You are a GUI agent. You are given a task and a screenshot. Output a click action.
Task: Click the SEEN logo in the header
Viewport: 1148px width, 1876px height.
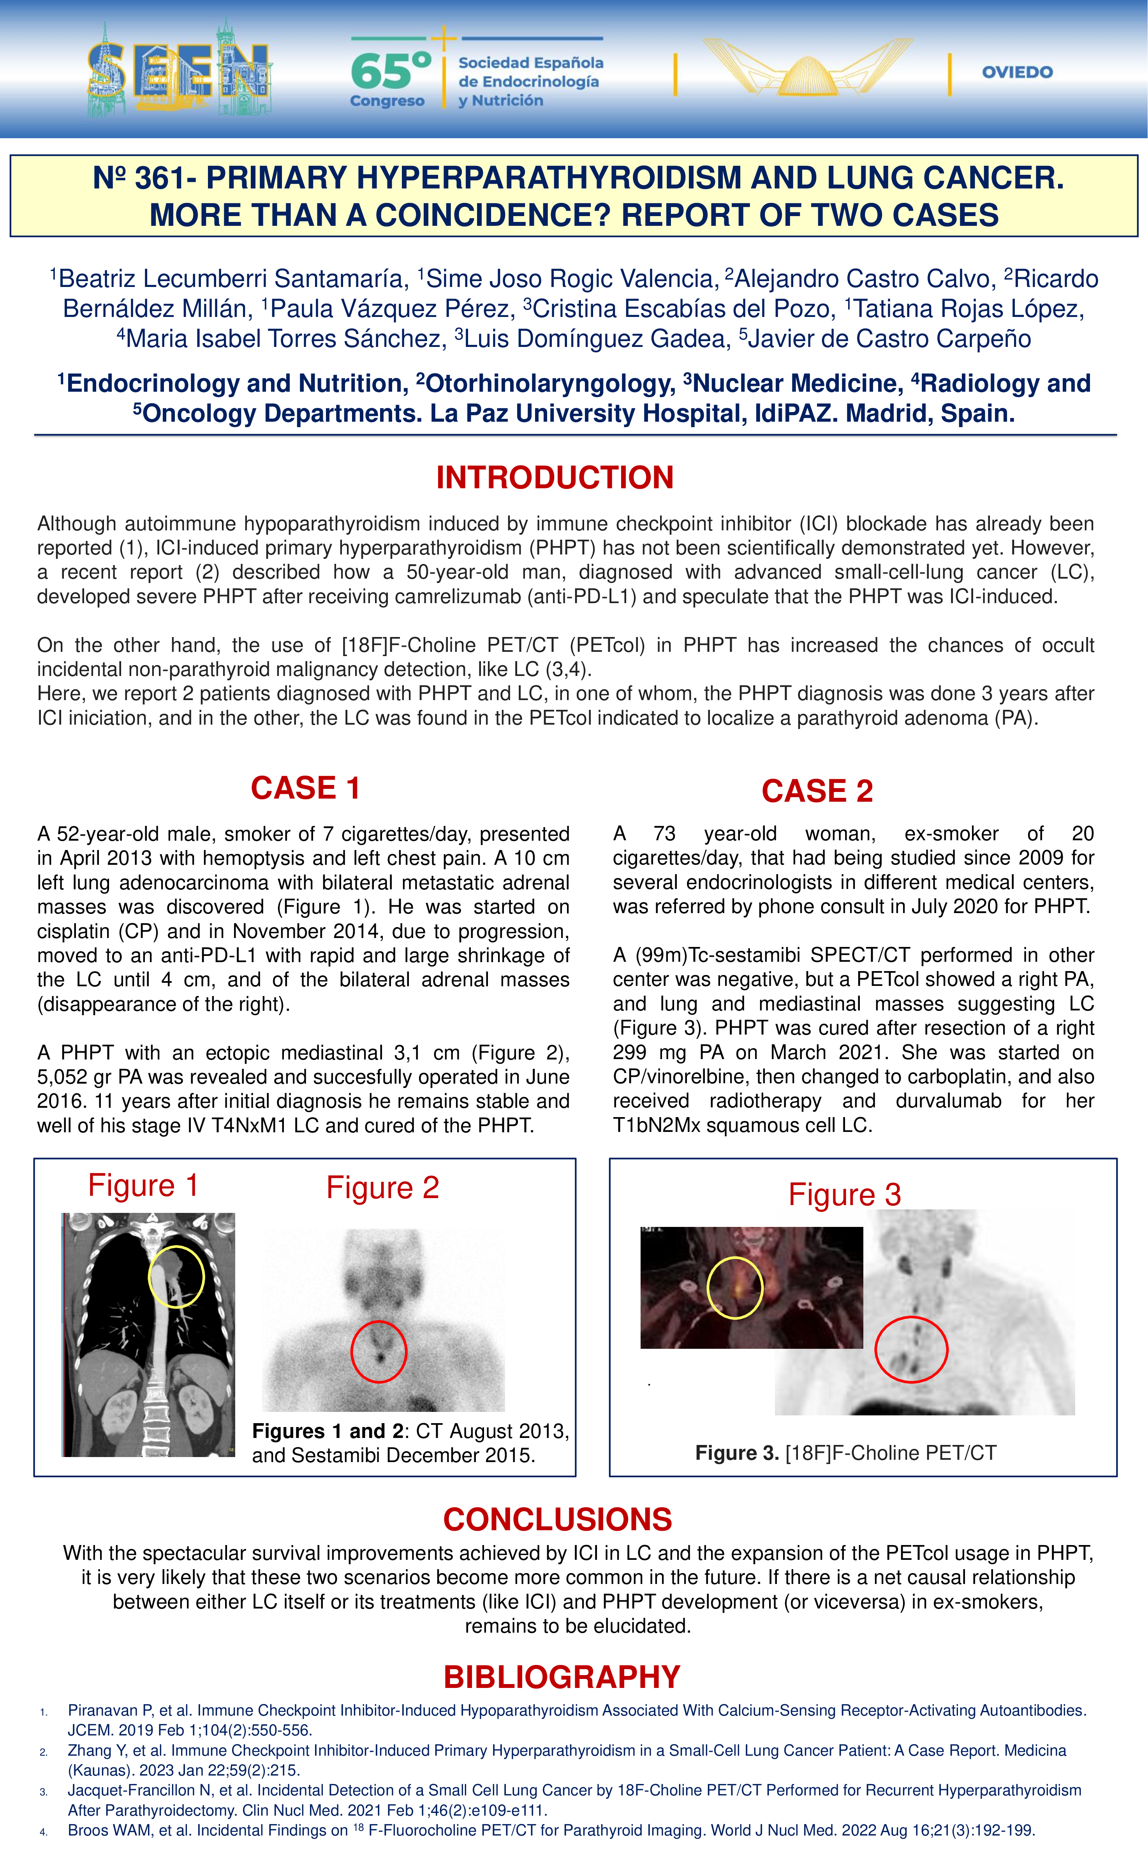click(x=179, y=72)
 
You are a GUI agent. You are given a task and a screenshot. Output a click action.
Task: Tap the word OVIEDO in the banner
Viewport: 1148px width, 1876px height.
click(x=1017, y=72)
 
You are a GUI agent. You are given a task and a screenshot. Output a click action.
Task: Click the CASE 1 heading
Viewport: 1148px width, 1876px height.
click(x=305, y=788)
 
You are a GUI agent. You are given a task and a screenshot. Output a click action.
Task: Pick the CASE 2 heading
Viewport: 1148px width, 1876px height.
click(x=817, y=791)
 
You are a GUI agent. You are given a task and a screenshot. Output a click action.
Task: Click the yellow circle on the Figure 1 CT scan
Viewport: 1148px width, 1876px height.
click(x=176, y=1277)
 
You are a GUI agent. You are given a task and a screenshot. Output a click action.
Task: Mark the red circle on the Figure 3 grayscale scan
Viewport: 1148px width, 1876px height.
click(x=910, y=1349)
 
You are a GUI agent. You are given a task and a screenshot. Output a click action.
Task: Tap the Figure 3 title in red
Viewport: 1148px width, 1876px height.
click(x=844, y=1195)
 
